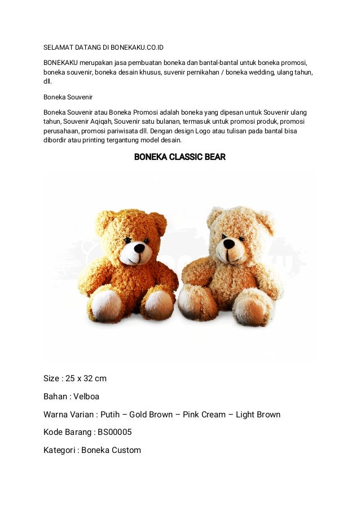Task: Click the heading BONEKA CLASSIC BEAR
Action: [x=179, y=157]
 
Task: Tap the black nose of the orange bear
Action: [x=139, y=247]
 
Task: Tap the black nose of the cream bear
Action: [x=229, y=244]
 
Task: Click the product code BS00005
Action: [x=115, y=432]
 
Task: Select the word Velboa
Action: [x=86, y=396]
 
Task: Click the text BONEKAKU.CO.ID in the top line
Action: [x=137, y=47]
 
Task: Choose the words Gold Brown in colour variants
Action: [x=151, y=415]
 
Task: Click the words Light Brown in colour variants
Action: [x=258, y=415]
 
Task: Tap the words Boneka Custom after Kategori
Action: [x=111, y=450]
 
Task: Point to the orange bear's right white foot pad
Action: [x=160, y=304]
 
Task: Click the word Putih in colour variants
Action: [x=110, y=415]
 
